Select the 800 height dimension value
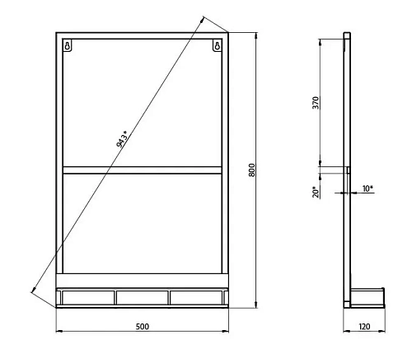253,170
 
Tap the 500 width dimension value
142,327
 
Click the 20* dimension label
315,193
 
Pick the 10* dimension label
368,188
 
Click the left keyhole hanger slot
69,46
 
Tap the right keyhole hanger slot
217,46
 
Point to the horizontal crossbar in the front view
142,170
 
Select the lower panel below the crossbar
142,222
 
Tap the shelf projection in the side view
369,293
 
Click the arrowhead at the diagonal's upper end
203,18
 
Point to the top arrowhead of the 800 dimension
256,36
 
